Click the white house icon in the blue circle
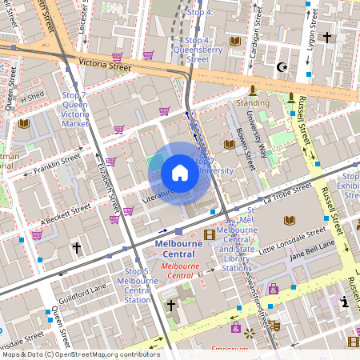180,173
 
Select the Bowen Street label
244,147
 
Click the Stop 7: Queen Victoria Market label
75,110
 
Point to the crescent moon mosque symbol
281,68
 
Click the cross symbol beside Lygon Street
326,37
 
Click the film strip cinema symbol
210,234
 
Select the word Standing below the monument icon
253,103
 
